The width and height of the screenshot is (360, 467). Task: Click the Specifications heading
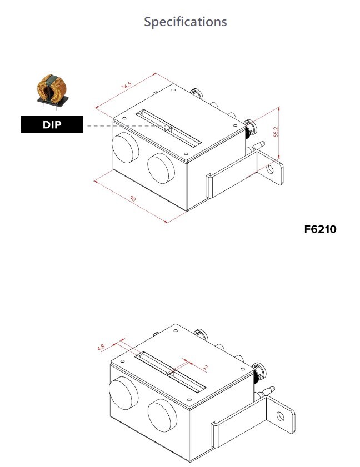click(186, 22)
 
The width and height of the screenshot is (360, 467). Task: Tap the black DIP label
click(52, 124)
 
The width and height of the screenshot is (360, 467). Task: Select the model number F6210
click(321, 229)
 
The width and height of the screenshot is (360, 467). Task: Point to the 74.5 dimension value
click(126, 86)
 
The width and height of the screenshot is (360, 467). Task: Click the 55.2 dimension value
click(276, 132)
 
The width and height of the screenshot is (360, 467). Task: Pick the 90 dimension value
click(132, 198)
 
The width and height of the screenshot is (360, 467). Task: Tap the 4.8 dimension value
click(101, 347)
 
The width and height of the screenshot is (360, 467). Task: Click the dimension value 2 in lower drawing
click(206, 367)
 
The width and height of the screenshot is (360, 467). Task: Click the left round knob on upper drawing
click(125, 148)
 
